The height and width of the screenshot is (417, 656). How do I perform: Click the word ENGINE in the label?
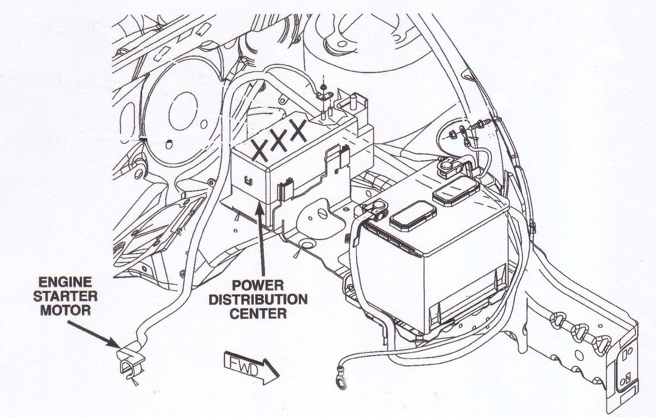point(65,282)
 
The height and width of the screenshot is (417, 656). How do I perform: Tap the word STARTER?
point(65,296)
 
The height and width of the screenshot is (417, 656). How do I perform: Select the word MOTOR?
point(65,310)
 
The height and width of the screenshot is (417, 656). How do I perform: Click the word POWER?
point(258,285)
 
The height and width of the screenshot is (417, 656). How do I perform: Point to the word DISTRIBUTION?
point(258,299)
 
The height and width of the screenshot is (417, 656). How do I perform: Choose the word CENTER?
point(258,313)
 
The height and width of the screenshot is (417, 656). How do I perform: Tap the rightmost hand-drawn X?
point(298,131)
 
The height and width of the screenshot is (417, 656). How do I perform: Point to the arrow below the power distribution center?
point(260,239)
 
